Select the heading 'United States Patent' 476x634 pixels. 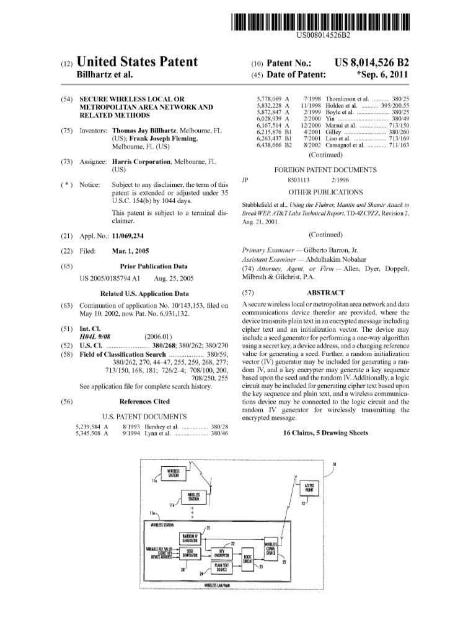coord(136,62)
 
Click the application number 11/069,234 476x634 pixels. coord(135,236)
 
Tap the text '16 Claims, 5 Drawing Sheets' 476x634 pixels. coord(325,433)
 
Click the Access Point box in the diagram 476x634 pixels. coord(308,487)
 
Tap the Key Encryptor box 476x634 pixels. coord(221,553)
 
